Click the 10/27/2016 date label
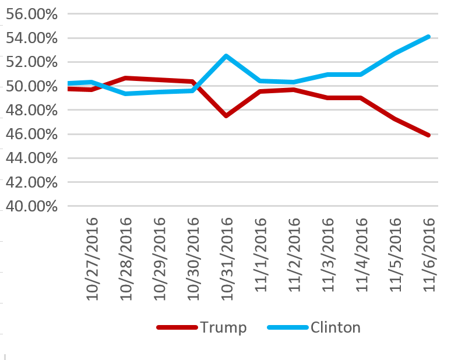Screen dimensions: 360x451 tap(92, 259)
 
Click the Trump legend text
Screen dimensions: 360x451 tap(224, 327)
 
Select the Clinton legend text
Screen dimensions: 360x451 tap(336, 327)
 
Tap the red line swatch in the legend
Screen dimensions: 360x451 tap(177, 327)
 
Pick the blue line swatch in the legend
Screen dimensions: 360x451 tap(287, 327)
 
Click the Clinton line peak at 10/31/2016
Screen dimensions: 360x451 tap(226, 56)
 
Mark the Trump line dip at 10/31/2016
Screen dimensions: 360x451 tap(226, 116)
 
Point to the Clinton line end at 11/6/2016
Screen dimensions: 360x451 tap(429, 37)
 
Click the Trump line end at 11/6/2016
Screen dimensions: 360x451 tap(429, 135)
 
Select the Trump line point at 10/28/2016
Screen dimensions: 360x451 tap(126, 77)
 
